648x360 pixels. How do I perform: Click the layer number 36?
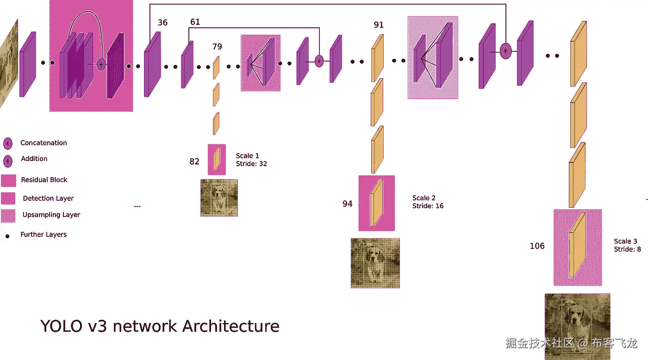pyautogui.click(x=162, y=23)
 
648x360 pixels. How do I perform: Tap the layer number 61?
pyautogui.click(x=195, y=22)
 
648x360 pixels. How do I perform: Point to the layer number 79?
pyautogui.click(x=217, y=46)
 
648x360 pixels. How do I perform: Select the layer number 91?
pyautogui.click(x=379, y=25)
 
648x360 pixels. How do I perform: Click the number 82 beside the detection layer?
pyautogui.click(x=194, y=161)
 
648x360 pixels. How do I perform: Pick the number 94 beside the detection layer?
pyautogui.click(x=348, y=204)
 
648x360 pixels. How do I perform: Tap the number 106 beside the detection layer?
pyautogui.click(x=537, y=246)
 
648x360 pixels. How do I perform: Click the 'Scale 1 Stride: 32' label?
pyautogui.click(x=251, y=160)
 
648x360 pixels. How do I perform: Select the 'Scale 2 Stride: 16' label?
pyautogui.click(x=428, y=202)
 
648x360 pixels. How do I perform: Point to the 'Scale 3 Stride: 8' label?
pyautogui.click(x=627, y=245)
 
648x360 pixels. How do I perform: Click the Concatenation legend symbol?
pyautogui.click(x=8, y=143)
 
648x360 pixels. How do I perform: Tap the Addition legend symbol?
pyautogui.click(x=8, y=161)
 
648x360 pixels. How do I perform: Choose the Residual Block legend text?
pyautogui.click(x=44, y=180)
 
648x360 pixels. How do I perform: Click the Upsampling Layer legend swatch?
pyautogui.click(x=8, y=216)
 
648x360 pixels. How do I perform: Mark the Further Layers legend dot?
pyautogui.click(x=7, y=236)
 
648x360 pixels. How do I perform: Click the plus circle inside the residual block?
pyautogui.click(x=101, y=64)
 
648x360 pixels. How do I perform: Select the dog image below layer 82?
pyautogui.click(x=219, y=198)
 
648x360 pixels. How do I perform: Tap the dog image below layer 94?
pyautogui.click(x=375, y=263)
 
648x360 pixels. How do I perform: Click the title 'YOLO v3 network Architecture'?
pyautogui.click(x=160, y=326)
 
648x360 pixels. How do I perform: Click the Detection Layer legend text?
pyautogui.click(x=48, y=199)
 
